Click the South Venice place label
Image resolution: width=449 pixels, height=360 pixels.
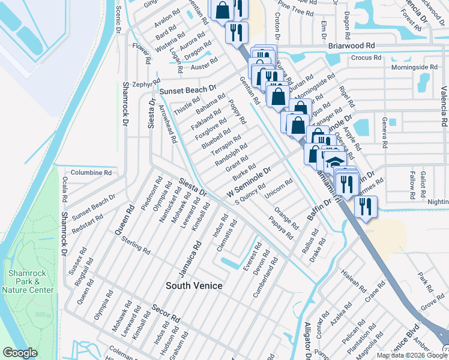click(x=194, y=286)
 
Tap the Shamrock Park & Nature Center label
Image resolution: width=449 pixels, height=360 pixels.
click(x=28, y=281)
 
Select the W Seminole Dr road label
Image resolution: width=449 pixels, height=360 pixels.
click(x=250, y=182)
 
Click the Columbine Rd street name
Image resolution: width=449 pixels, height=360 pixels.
click(x=91, y=172)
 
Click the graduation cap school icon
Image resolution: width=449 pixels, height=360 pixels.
click(x=333, y=163)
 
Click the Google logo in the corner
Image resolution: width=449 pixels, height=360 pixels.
click(x=20, y=353)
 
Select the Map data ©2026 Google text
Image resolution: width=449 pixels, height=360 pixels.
click(x=411, y=355)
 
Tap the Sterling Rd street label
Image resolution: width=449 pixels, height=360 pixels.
click(x=136, y=246)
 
